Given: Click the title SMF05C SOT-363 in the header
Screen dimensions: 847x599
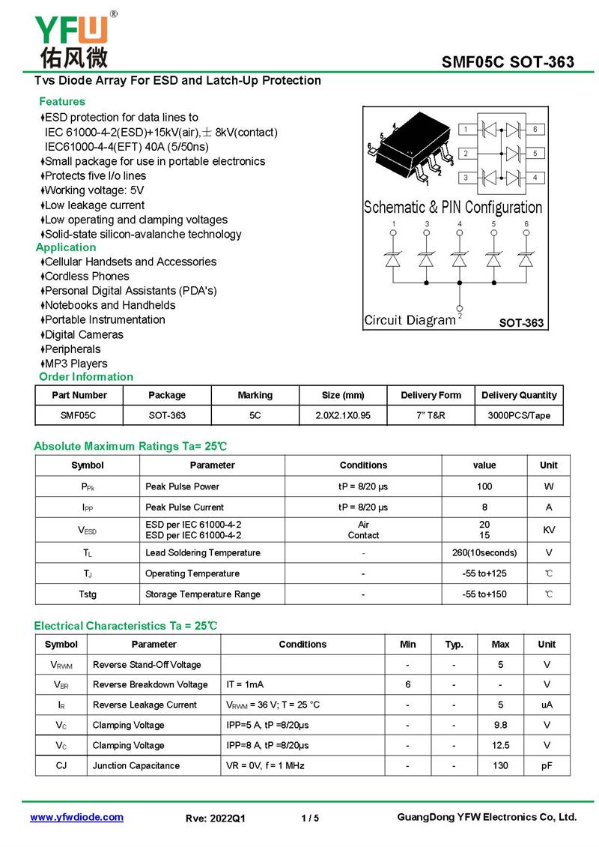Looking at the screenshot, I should [x=508, y=61].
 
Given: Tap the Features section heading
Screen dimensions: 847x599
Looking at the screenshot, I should [x=62, y=101].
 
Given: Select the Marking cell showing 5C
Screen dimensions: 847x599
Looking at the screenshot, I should [x=255, y=415].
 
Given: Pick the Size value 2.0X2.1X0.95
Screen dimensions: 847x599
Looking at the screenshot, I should [x=342, y=415].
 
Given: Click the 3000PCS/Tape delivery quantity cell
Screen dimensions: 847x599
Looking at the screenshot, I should [x=519, y=415].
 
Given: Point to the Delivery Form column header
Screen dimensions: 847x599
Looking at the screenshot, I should [x=431, y=395].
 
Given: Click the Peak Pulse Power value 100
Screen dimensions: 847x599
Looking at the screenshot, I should [x=484, y=486].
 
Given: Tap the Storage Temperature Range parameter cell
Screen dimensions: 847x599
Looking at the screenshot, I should [x=203, y=594].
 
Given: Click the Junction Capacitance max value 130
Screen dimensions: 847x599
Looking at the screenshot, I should [x=500, y=765].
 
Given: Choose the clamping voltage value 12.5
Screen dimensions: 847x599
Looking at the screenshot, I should [x=500, y=745].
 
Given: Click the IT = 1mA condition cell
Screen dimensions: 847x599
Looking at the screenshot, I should [x=245, y=684].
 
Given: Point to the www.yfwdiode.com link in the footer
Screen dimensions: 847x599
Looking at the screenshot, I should [x=76, y=817].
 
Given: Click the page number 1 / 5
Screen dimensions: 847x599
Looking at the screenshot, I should [x=310, y=818].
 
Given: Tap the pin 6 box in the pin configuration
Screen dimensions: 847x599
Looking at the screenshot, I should [x=535, y=130].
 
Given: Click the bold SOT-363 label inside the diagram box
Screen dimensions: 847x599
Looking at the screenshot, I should [x=521, y=323].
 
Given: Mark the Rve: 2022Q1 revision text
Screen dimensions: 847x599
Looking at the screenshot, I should [x=215, y=818].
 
